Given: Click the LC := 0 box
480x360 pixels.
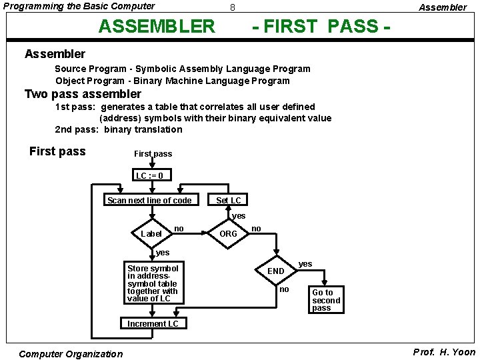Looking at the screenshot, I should point(150,176).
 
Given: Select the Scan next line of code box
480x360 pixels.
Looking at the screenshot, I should point(149,200).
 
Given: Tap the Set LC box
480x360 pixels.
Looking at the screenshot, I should point(229,200).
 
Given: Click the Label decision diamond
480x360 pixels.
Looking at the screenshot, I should point(151,233).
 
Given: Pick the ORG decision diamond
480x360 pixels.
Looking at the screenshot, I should point(228,233).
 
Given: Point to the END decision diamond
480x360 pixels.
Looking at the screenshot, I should point(276,271).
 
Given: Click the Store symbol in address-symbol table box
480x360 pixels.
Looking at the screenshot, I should point(153,283).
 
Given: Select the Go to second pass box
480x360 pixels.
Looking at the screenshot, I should point(326,300).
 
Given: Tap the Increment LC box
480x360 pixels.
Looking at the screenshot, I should point(153,323).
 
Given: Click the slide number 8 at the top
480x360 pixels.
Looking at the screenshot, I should point(232,8).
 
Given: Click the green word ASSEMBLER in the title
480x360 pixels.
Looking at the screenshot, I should point(157,26).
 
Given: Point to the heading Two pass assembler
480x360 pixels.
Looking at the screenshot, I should point(83,94).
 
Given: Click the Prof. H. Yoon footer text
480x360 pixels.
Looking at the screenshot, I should point(444,352).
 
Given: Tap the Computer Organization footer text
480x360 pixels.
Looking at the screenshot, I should point(71,354).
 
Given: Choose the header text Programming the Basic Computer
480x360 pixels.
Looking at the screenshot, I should point(79,7).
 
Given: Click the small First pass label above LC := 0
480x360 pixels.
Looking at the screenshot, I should point(153,154).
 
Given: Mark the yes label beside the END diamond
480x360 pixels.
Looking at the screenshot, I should point(305,264).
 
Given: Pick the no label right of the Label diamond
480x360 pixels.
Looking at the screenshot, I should point(179,229).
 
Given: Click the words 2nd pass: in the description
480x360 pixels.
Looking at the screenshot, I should point(77,129).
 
